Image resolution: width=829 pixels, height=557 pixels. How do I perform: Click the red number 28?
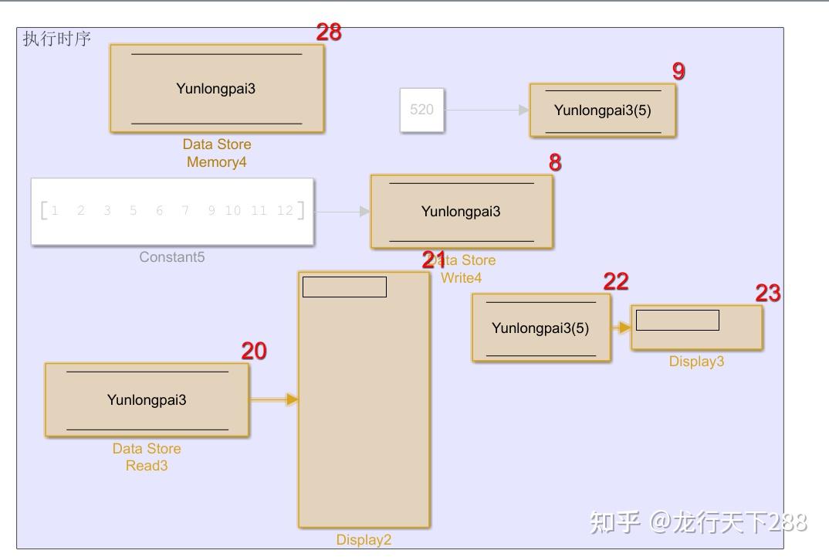point(329,32)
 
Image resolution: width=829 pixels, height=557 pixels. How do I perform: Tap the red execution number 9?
point(678,71)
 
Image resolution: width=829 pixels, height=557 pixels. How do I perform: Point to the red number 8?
point(555,163)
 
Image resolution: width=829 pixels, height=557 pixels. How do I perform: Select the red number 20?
point(254,352)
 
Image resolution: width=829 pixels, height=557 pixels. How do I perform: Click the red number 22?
point(616,282)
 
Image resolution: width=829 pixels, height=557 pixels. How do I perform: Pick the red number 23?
point(768,294)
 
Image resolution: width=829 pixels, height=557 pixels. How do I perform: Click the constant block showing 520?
point(422,110)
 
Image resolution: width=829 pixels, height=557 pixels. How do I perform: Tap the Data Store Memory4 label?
point(217,153)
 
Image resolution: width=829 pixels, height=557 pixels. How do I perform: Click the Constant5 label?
point(172,257)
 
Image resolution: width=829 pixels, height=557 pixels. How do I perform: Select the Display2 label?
point(364,540)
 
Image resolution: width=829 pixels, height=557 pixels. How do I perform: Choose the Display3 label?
point(696,362)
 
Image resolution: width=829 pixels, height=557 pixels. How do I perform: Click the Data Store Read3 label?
point(147,457)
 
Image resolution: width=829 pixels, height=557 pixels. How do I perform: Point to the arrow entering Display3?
point(622,328)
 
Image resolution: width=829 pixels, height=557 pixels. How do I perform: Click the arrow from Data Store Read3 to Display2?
point(275,399)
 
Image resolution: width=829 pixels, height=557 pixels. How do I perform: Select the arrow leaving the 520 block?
point(487,110)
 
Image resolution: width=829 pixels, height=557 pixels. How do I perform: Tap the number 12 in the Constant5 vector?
point(285,211)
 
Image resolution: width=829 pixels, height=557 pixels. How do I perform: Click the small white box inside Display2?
point(344,287)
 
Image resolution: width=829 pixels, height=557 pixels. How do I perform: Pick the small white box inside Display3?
point(677,320)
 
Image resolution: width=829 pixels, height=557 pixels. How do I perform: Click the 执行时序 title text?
point(56,39)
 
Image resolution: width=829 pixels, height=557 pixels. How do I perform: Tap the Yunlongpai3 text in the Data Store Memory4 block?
point(215,88)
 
